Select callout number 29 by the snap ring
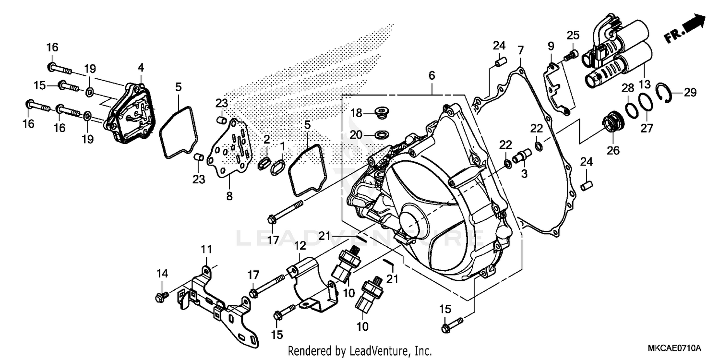coord(690,93)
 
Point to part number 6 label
coord(432,75)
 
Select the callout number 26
coord(612,150)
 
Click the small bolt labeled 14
coord(161,297)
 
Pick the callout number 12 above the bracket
coord(300,246)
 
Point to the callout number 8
coord(229,196)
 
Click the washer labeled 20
coord(383,133)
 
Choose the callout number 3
coord(524,173)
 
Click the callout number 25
coord(573,35)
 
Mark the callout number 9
coord(551,47)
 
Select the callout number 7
coord(520,50)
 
